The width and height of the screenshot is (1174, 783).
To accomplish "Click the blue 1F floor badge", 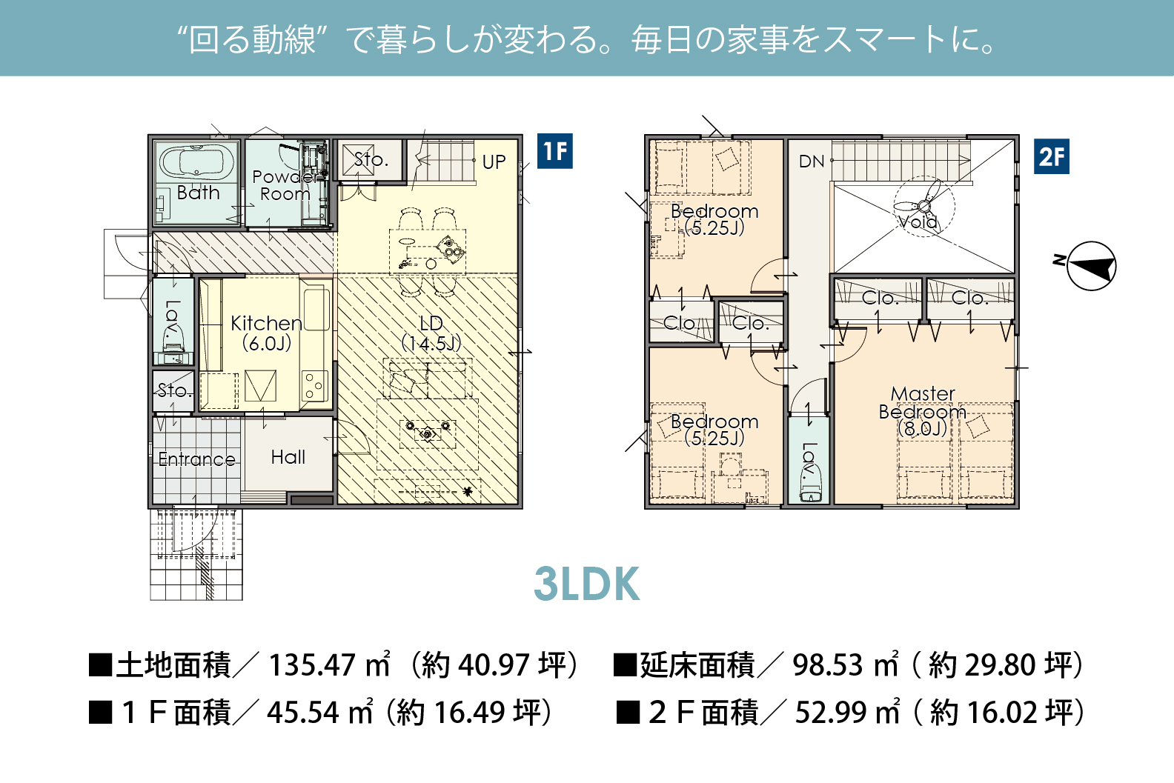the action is tap(555, 151).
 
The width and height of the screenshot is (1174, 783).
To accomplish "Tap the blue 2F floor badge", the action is tap(1052, 156).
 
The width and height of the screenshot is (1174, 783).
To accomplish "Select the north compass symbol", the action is tap(1087, 265).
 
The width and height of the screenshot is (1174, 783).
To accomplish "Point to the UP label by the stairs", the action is tap(494, 161).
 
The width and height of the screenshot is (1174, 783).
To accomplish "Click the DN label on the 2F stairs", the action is tap(812, 161).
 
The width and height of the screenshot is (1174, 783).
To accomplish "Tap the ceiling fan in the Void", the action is tap(924, 207).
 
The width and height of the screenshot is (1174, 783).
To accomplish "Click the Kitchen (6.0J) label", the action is tap(266, 333).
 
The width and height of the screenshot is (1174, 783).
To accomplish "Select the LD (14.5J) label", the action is tap(431, 333).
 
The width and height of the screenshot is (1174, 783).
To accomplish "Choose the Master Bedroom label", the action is tap(923, 411).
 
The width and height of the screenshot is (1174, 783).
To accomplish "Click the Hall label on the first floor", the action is tap(288, 457).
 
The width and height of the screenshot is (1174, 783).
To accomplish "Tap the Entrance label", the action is tap(196, 459).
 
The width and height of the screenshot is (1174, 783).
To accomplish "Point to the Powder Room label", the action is tap(285, 185).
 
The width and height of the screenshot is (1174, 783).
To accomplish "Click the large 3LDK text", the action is tap(586, 584).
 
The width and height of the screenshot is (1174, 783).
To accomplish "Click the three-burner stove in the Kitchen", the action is tap(315, 385).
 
